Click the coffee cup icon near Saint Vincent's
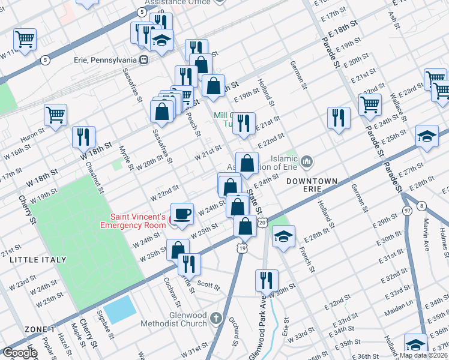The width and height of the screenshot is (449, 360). point(182,213)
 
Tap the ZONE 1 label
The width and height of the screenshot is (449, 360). point(40,329)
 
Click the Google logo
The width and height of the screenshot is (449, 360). point(20,353)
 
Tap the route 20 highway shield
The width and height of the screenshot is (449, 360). point(262,223)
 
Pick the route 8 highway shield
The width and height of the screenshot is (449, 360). point(422,206)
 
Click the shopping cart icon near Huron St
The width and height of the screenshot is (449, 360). point(55,115)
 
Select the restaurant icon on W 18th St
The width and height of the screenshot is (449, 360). point(83,136)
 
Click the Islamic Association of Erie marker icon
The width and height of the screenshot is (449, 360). point(307,161)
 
